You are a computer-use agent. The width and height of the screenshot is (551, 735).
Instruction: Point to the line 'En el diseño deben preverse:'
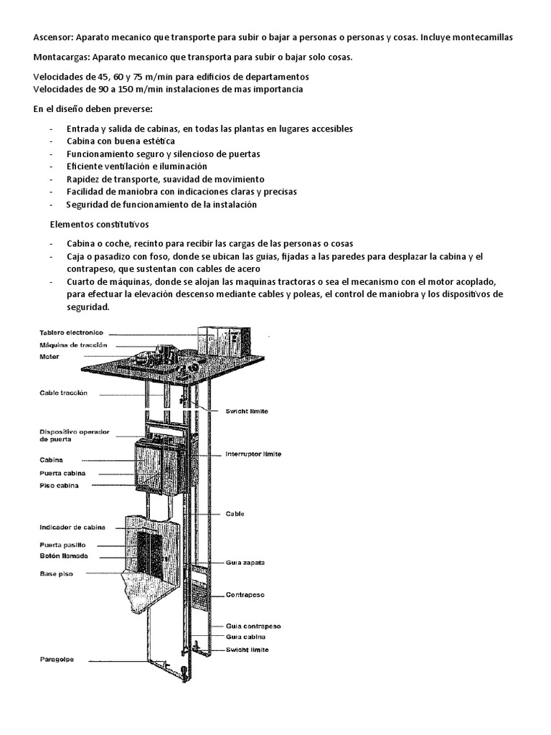click(x=93, y=109)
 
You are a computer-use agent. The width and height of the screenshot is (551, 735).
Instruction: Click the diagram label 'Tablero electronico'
click(x=72, y=332)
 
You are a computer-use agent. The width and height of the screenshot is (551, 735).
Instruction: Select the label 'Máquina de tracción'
click(x=74, y=345)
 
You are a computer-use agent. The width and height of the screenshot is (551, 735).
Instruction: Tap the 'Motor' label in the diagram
click(x=50, y=357)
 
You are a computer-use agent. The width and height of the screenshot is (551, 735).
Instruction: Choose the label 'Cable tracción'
click(x=64, y=393)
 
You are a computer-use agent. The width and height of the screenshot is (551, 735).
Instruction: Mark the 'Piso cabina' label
click(x=60, y=485)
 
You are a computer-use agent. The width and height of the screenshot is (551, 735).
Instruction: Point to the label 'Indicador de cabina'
click(x=72, y=527)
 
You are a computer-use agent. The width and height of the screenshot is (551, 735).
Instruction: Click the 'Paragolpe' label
click(x=57, y=659)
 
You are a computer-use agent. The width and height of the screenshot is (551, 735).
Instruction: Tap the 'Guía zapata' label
click(x=245, y=563)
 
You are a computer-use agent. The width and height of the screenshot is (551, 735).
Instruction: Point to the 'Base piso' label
click(x=57, y=574)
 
